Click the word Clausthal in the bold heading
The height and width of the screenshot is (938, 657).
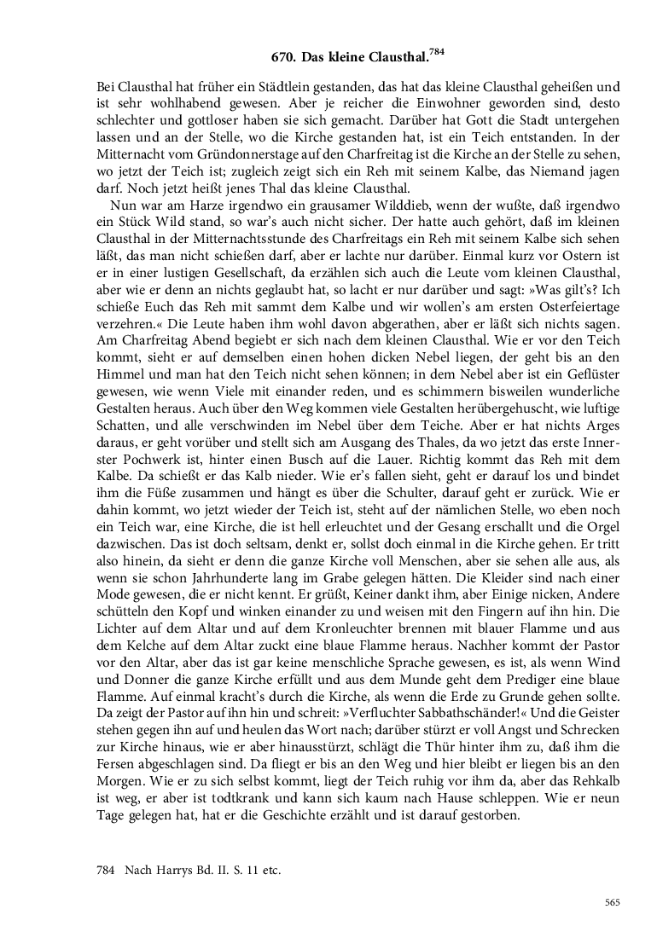[x=393, y=60]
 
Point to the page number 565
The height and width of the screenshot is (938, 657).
[x=611, y=902]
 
